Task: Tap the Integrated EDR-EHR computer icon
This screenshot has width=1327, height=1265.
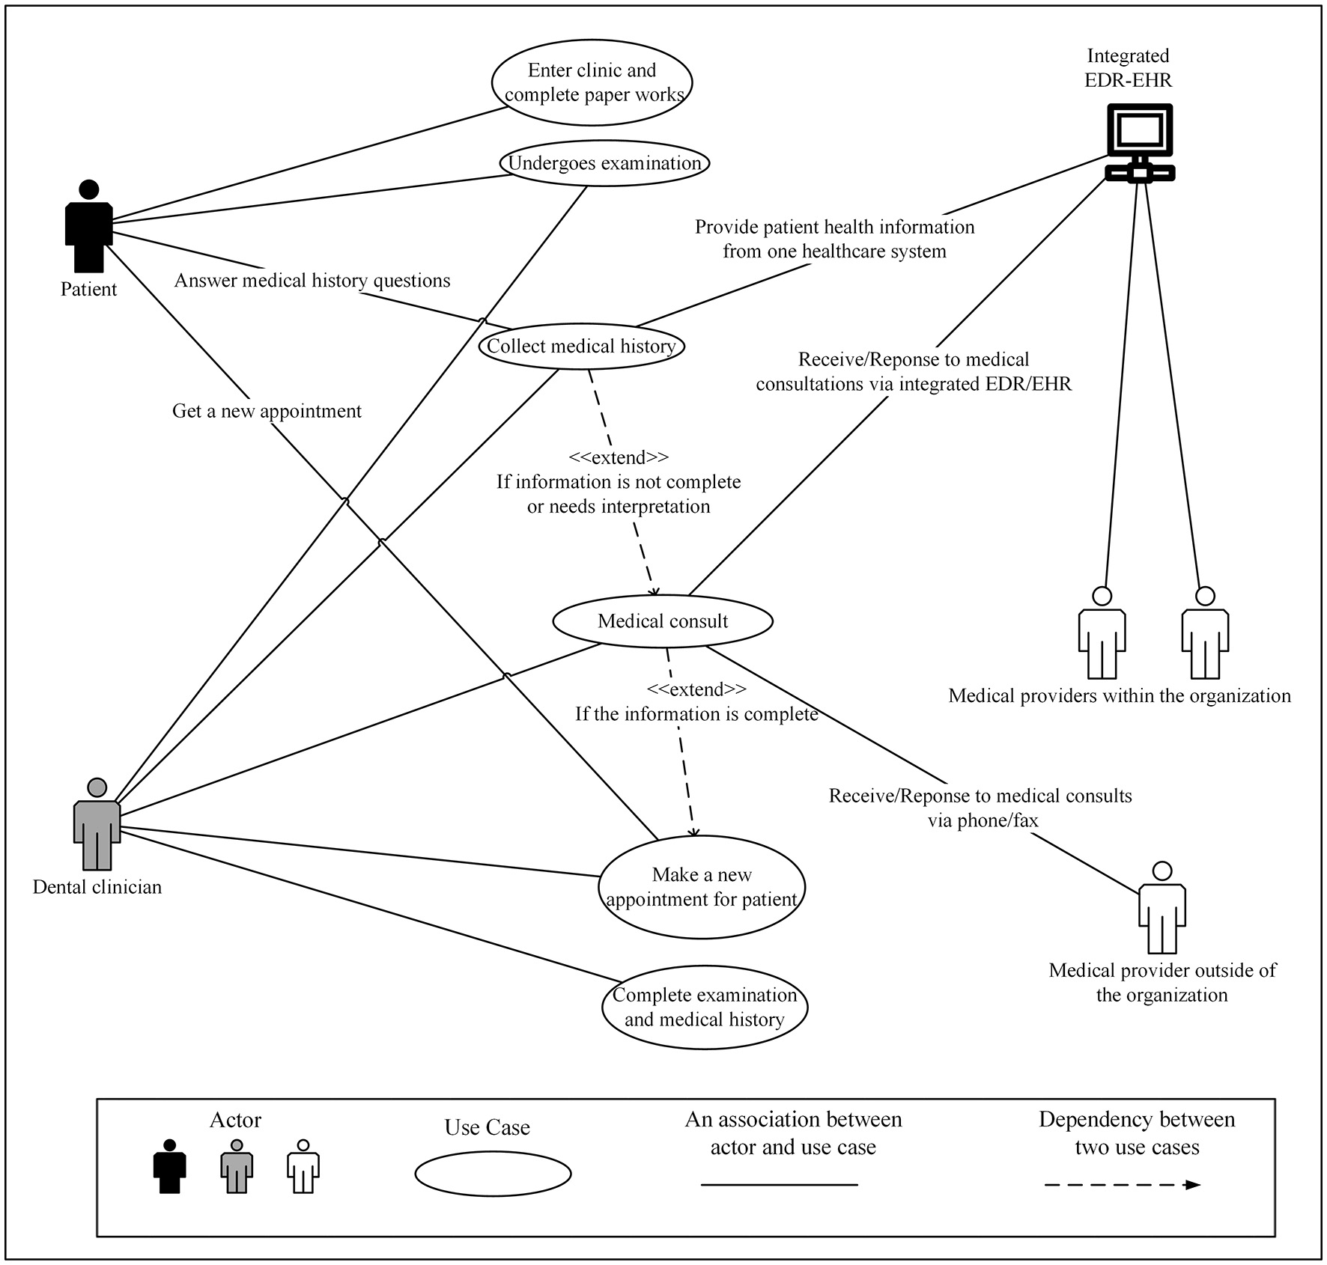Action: [x=1140, y=142]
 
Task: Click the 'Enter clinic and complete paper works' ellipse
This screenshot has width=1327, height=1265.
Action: [x=592, y=82]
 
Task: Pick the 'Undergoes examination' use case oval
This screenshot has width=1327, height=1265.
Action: [x=604, y=163]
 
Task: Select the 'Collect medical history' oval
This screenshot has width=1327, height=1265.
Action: [x=581, y=346]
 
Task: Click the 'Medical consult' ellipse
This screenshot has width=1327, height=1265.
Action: [x=662, y=621]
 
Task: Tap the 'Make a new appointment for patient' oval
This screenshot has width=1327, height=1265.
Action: [x=702, y=887]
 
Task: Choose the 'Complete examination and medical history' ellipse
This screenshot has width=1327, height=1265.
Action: [x=705, y=1007]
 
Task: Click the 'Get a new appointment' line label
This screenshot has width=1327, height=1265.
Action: [x=267, y=411]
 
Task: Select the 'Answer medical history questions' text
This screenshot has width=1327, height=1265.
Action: [x=312, y=281]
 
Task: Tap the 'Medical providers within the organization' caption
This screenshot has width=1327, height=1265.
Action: [x=1120, y=696]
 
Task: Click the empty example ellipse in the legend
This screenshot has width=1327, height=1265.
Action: [x=493, y=1174]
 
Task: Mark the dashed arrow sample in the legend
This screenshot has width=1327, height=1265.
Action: [x=1122, y=1185]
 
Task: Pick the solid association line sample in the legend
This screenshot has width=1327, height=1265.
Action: [x=779, y=1185]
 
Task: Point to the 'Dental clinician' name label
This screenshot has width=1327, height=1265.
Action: [x=97, y=887]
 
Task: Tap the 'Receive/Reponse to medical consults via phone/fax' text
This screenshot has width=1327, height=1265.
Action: [x=980, y=808]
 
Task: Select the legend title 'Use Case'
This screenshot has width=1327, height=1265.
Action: [x=487, y=1128]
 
